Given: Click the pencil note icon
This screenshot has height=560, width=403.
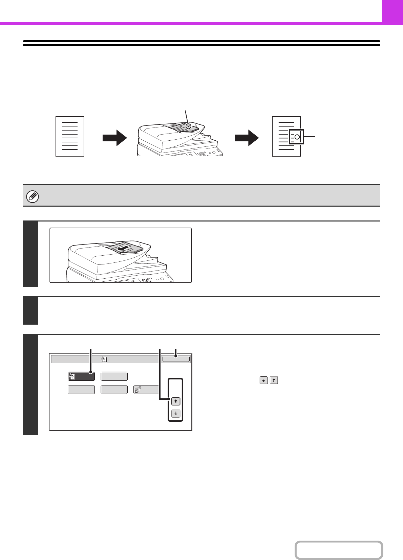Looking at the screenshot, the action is click(x=33, y=196).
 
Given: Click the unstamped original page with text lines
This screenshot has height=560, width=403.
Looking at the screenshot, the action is click(x=70, y=136).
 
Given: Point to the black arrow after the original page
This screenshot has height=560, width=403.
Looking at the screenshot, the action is click(x=114, y=138).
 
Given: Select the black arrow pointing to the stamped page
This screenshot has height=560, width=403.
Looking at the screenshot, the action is click(x=247, y=138).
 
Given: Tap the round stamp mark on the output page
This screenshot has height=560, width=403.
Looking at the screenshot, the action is click(x=297, y=137).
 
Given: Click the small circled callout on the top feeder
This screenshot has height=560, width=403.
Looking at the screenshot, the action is click(x=189, y=126).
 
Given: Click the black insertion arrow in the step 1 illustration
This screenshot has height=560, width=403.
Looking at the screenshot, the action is click(x=123, y=249).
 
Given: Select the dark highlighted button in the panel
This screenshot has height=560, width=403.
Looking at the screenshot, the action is click(x=81, y=376).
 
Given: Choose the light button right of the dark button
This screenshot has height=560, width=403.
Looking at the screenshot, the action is click(x=114, y=376).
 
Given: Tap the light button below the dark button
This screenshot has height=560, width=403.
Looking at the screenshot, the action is click(x=81, y=390).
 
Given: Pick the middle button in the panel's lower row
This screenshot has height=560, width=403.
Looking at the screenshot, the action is click(x=114, y=390).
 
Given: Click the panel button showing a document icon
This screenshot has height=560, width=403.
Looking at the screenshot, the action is click(x=146, y=390).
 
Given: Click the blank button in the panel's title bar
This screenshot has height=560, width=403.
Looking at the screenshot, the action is click(x=176, y=359).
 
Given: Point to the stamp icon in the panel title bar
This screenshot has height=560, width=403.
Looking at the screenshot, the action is click(x=104, y=359).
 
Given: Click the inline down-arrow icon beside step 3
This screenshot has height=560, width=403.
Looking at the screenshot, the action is click(x=263, y=380).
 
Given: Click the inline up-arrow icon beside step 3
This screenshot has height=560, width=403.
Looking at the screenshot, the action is click(x=274, y=380).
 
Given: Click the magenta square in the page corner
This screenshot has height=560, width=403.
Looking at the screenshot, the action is click(x=392, y=11).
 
